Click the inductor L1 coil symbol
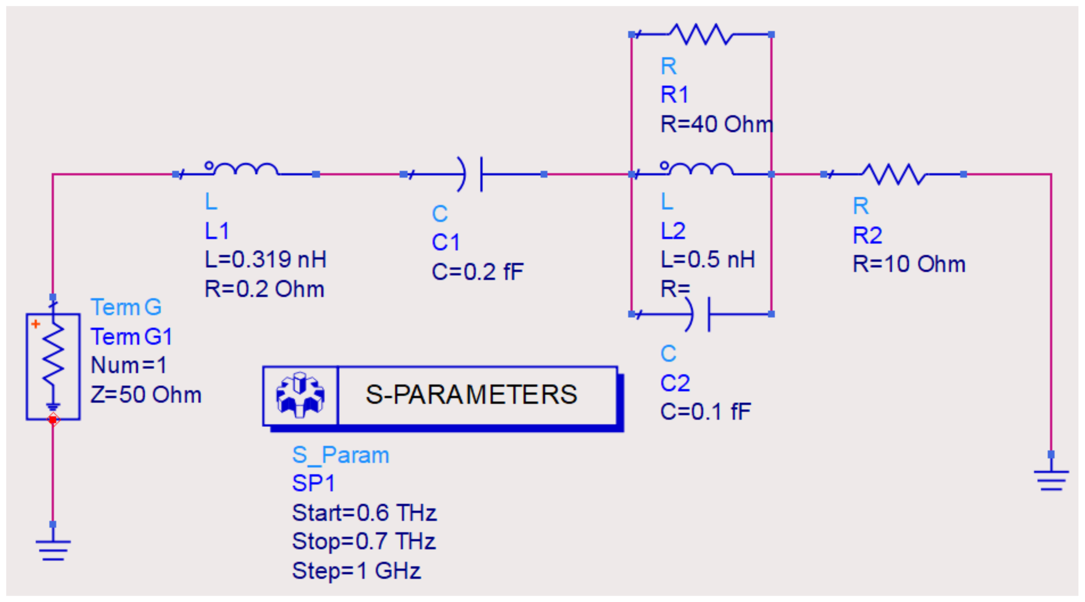click(x=245, y=170)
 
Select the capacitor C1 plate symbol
click(x=473, y=174)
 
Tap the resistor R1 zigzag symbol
click(x=701, y=34)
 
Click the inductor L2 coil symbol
click(x=701, y=170)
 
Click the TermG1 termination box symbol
click(x=53, y=366)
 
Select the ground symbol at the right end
click(x=1051, y=480)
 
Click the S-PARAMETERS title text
click(x=471, y=395)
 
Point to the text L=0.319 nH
click(x=265, y=259)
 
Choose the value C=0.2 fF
click(x=477, y=272)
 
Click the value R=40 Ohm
click(x=716, y=124)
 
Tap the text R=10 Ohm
click(x=909, y=264)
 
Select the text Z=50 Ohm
click(x=146, y=395)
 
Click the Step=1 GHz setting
click(x=356, y=571)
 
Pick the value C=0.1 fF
click(x=705, y=412)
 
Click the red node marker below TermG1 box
click(x=53, y=419)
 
